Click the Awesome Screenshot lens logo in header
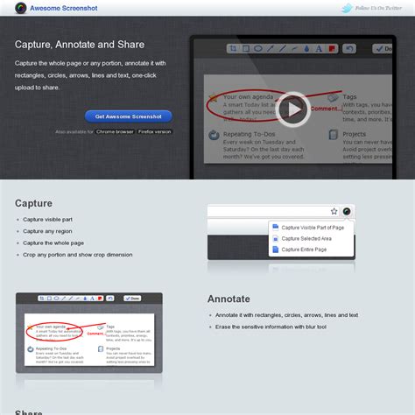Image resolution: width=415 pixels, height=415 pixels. (21, 8)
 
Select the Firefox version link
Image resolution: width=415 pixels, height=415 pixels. (154, 131)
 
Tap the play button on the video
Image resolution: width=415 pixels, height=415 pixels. (293, 109)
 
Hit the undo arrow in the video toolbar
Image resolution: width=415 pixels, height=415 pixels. (350, 49)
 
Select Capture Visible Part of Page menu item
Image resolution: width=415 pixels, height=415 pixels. (312, 227)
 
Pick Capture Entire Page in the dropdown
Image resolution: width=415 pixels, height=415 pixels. (304, 250)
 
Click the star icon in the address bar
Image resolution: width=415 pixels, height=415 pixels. (334, 211)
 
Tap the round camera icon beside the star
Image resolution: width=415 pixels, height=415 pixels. (347, 211)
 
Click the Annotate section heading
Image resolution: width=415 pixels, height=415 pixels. (229, 298)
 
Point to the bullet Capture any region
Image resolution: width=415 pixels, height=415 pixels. (47, 231)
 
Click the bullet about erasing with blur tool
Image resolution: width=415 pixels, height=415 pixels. (271, 326)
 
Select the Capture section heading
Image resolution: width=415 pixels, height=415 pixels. (33, 203)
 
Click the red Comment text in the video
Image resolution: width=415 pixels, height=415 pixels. (323, 110)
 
